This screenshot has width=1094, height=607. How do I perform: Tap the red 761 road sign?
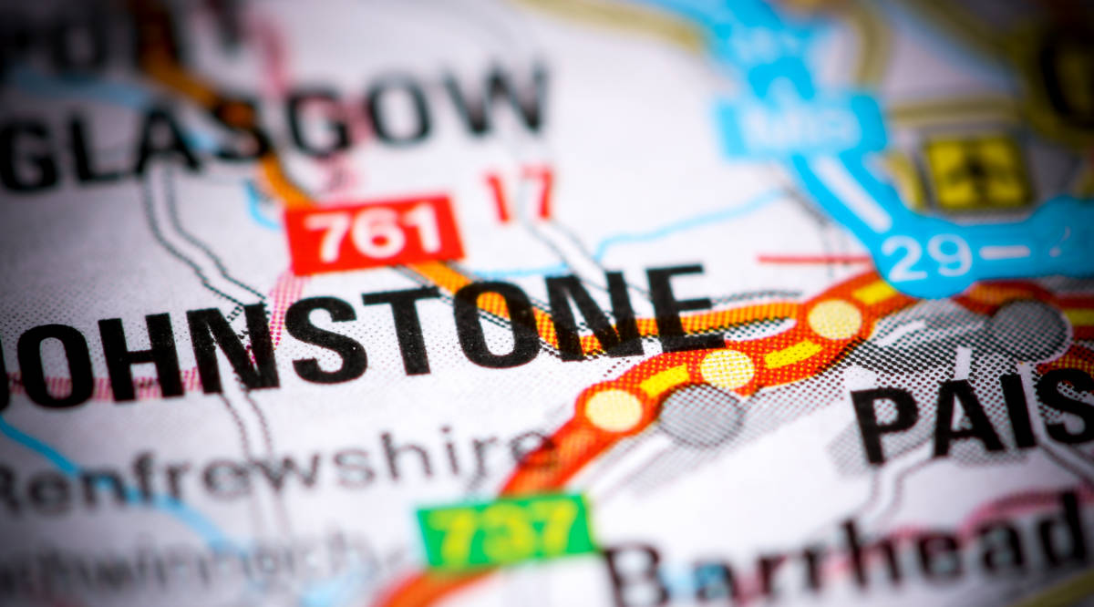click(x=373, y=233)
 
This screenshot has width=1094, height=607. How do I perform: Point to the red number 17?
click(x=520, y=193)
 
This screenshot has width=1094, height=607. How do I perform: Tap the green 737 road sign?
click(x=506, y=531)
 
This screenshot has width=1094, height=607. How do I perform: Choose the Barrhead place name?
click(x=848, y=556)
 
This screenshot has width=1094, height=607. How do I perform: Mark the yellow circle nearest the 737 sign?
click(x=614, y=409)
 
